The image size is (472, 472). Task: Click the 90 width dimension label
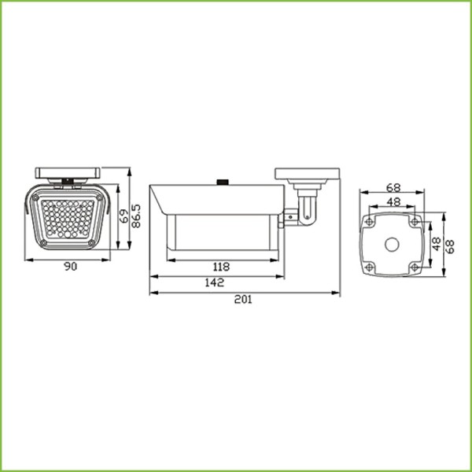pyautogui.click(x=70, y=267)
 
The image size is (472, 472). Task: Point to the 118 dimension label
pyautogui.click(x=222, y=267)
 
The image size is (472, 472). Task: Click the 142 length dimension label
pyautogui.click(x=215, y=282)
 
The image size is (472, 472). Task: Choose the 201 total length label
pyautogui.click(x=245, y=300)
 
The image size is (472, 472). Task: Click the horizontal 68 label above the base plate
pyautogui.click(x=393, y=189)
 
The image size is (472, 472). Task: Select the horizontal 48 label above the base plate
pyautogui.click(x=393, y=201)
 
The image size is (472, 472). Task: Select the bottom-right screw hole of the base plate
pyautogui.click(x=414, y=267)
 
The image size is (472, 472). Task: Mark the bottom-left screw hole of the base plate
pyautogui.click(x=371, y=267)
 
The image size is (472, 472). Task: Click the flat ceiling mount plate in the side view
pyautogui.click(x=307, y=174)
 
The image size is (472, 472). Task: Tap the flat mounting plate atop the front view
pyautogui.click(x=69, y=172)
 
